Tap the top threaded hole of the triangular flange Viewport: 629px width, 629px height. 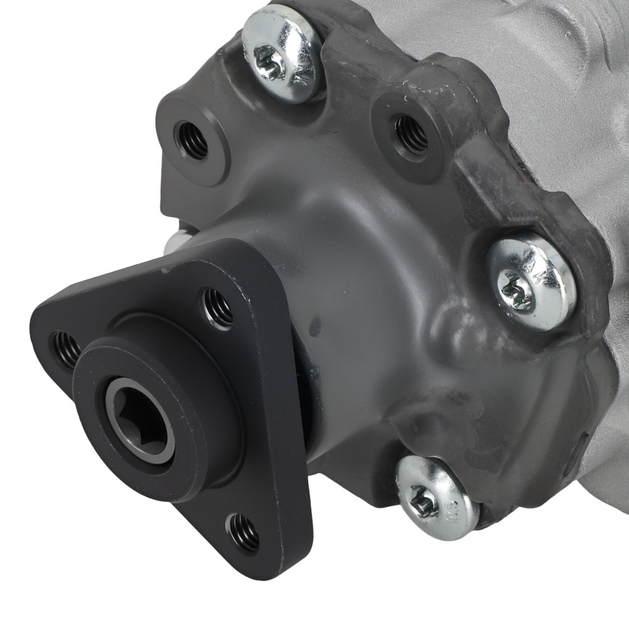click(x=216, y=308)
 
